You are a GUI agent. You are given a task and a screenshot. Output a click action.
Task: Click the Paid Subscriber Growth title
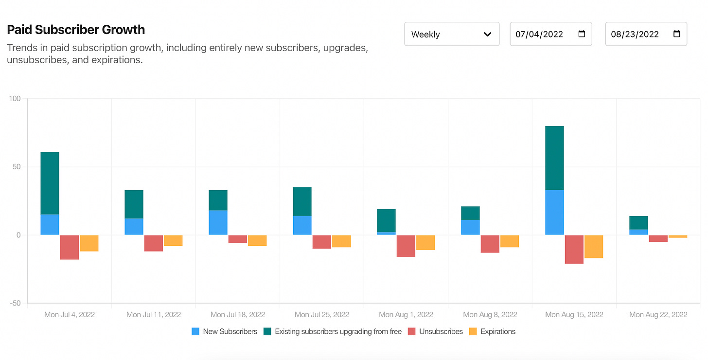76,30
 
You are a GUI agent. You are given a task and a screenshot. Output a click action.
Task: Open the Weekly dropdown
451,34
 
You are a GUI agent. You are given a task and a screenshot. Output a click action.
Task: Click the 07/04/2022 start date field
540,34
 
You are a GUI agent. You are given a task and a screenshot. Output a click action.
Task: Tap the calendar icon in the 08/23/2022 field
676,34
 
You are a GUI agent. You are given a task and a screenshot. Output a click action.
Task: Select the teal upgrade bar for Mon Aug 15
554,158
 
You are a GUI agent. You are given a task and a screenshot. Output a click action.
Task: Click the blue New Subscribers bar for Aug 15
554,212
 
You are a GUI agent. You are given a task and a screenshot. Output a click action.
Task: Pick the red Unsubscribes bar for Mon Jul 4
70,247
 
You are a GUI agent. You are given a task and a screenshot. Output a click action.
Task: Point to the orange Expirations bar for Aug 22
678,236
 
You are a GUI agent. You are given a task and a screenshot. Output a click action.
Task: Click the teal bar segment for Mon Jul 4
50,183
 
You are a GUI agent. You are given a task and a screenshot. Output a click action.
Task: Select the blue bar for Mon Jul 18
218,222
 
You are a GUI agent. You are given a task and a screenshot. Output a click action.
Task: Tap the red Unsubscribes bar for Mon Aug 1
406,246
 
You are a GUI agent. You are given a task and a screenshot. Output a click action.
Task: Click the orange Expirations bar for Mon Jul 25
341,241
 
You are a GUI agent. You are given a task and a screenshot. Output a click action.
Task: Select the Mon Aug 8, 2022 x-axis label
490,315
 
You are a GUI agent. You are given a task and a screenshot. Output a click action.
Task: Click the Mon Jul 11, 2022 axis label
153,315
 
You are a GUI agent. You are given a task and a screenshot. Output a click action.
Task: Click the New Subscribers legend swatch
195,331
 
